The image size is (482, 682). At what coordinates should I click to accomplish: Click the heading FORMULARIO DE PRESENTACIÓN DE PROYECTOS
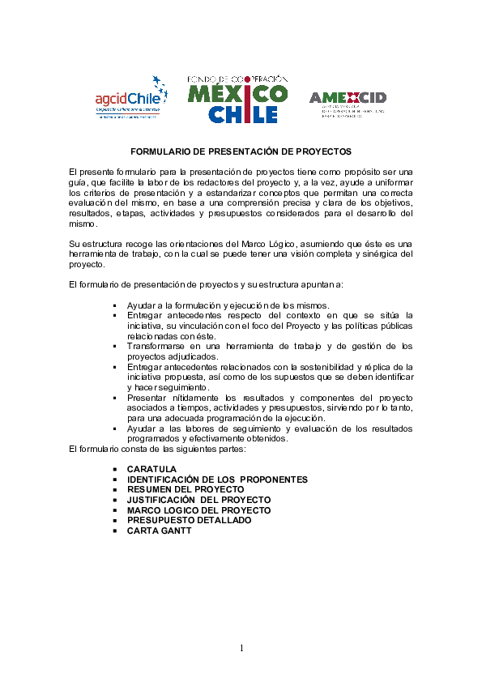click(x=241, y=151)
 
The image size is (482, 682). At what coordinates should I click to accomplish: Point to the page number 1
click(x=241, y=648)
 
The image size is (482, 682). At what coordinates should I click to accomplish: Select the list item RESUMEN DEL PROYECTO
click(x=186, y=490)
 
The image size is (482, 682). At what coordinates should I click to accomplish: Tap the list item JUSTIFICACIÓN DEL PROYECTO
click(x=198, y=501)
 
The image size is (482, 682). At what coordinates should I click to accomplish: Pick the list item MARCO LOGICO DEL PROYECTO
click(x=198, y=510)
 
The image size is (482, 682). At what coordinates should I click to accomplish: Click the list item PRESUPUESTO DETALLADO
click(x=189, y=520)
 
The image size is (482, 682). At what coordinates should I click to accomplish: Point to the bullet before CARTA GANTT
click(x=117, y=531)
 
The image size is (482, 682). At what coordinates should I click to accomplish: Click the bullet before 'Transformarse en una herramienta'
click(x=117, y=346)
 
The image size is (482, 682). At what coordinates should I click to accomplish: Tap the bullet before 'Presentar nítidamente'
click(x=117, y=398)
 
